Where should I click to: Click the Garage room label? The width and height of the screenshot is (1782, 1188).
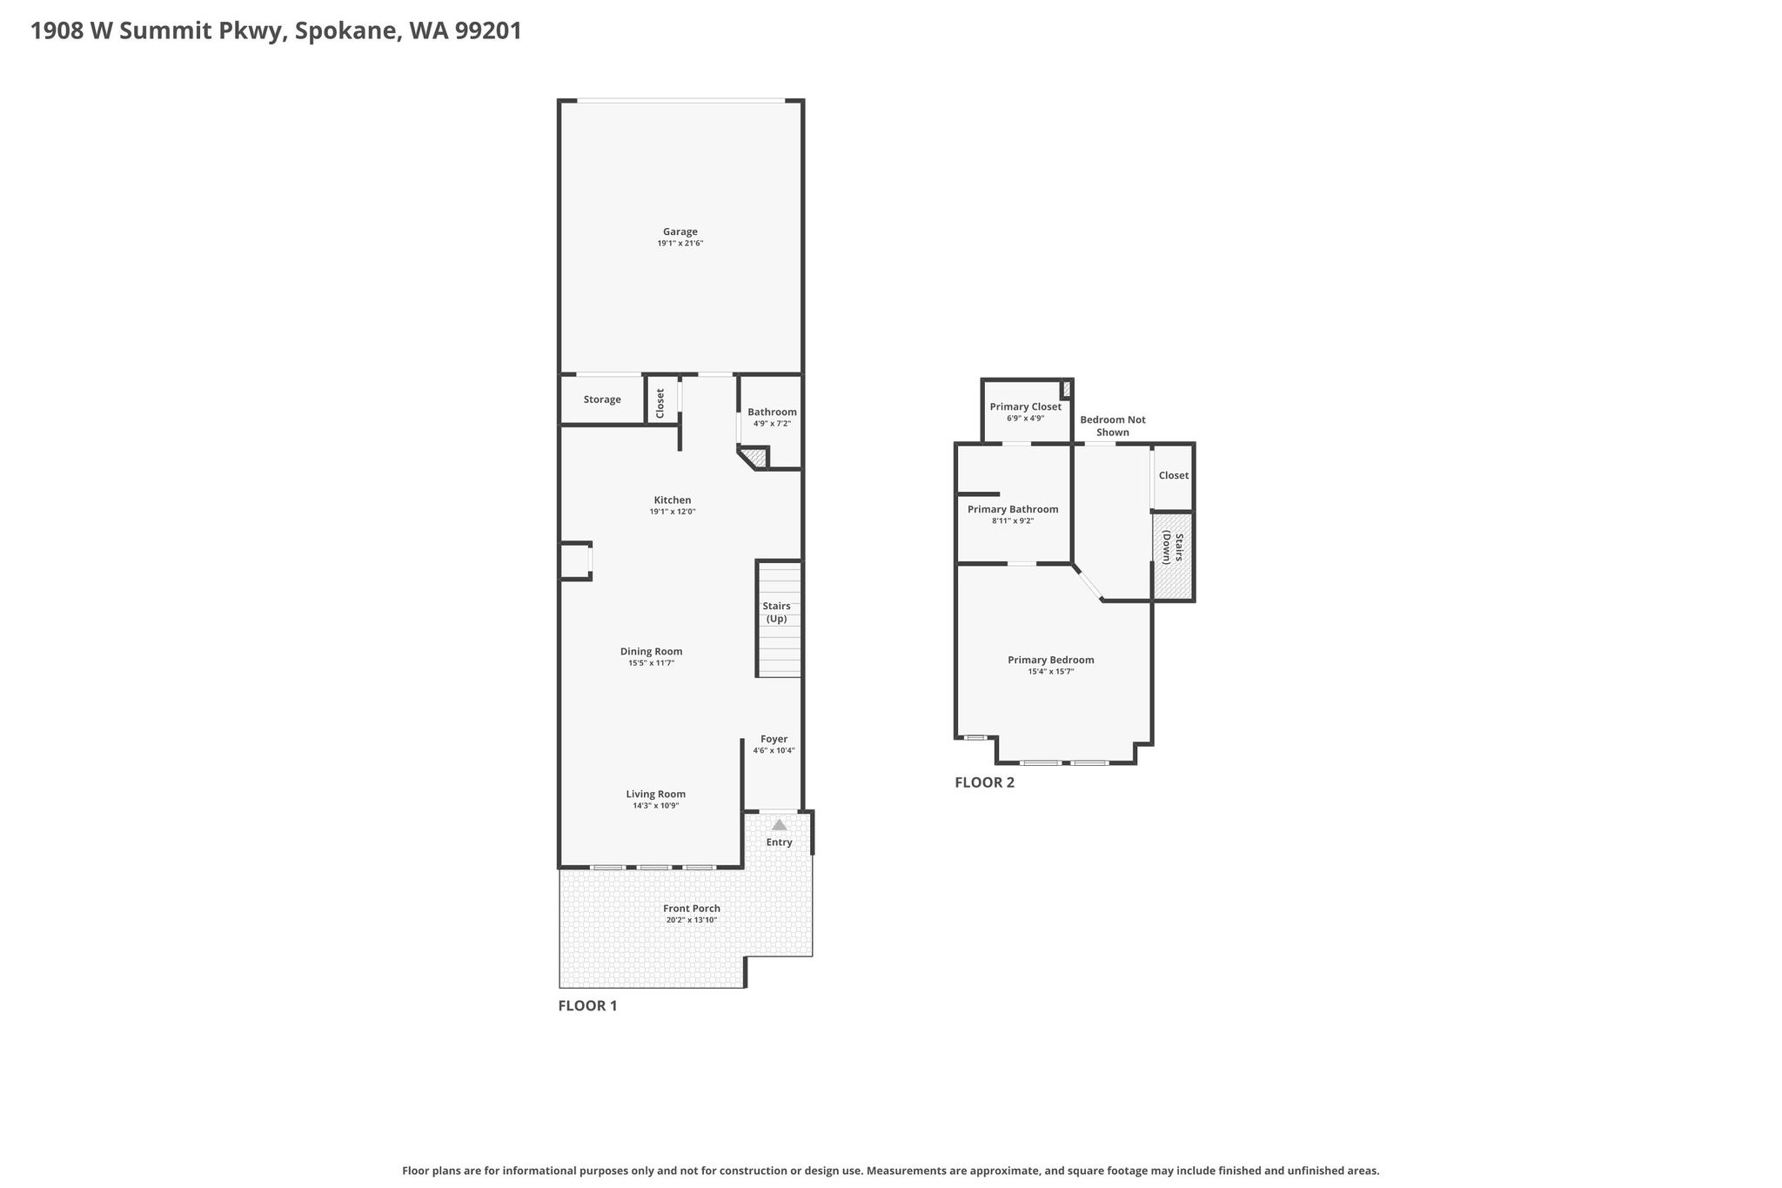point(680,232)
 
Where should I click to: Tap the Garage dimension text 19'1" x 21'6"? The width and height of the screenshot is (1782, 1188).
point(680,244)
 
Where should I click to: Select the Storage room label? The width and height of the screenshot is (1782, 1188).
point(602,399)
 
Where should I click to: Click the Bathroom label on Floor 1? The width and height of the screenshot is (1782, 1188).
point(772,412)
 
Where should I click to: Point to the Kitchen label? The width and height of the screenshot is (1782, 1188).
point(673,500)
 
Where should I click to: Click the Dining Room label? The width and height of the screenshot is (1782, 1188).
point(651,651)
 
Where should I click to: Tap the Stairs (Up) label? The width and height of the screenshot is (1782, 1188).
point(776,612)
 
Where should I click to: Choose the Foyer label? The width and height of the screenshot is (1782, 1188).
point(774,739)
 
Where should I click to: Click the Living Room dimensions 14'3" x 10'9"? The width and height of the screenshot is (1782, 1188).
point(656,806)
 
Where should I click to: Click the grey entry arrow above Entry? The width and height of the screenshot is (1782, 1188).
point(780,824)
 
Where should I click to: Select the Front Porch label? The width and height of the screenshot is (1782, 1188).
point(692,909)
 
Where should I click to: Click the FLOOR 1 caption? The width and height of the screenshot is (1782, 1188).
point(587,1006)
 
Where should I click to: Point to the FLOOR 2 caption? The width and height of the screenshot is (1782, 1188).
point(984,782)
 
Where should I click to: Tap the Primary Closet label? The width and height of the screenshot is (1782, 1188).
point(1026,406)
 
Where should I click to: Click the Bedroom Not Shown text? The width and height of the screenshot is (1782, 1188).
point(1113,426)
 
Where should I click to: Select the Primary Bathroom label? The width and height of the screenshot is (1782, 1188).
point(1013,509)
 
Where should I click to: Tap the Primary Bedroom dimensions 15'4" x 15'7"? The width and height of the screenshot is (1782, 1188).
point(1051,672)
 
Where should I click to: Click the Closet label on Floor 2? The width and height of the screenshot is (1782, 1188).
point(1174,475)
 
